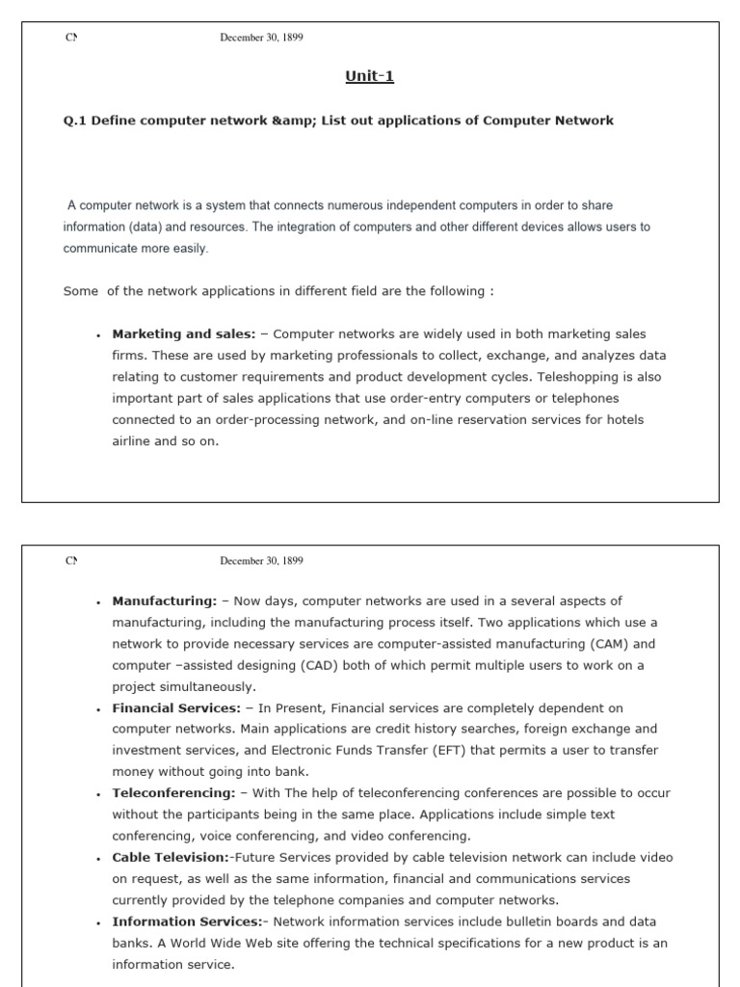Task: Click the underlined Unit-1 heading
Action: point(370,77)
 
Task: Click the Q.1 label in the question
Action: point(76,120)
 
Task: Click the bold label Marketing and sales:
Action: point(184,334)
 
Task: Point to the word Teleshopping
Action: point(583,377)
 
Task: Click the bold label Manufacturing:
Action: point(165,600)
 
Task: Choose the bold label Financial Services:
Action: point(176,708)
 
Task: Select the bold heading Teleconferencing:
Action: point(173,793)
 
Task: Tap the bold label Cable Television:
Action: point(171,857)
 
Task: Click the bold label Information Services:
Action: point(187,921)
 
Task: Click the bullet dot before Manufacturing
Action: point(98,602)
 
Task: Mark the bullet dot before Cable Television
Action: point(98,859)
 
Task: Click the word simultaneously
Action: point(206,687)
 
